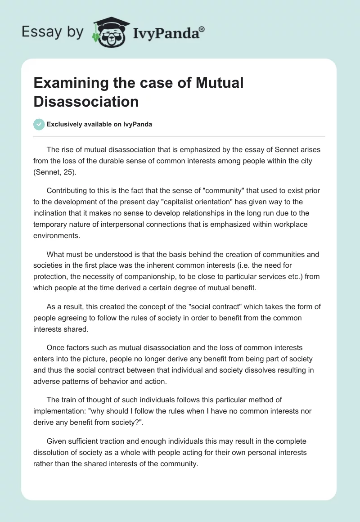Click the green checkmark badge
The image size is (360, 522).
pos(39,124)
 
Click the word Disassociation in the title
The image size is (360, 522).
pos(86,102)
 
